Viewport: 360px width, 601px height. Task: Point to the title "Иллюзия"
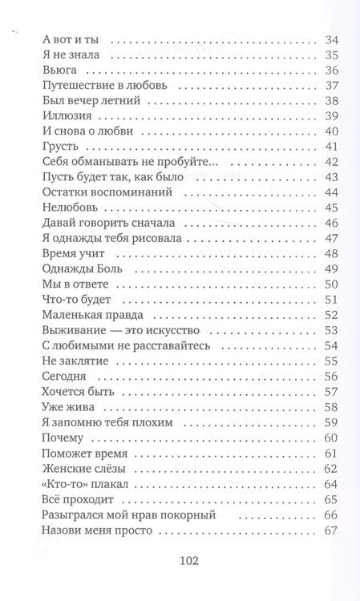pos(63,116)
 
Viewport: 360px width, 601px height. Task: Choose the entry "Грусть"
pos(55,147)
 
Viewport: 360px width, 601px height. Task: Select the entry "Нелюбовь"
pos(67,208)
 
